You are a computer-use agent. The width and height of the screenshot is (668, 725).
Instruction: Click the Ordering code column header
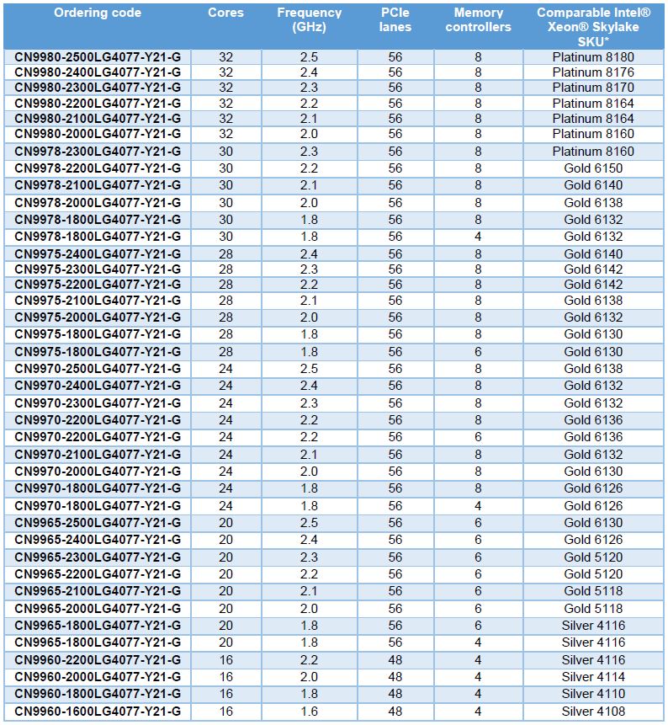pyautogui.click(x=98, y=13)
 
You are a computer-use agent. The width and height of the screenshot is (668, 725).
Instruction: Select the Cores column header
pyautogui.click(x=225, y=13)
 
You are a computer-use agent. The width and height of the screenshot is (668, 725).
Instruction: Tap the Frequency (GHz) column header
pyautogui.click(x=309, y=20)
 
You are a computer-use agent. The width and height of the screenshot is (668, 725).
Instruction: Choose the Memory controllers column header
pyautogui.click(x=478, y=20)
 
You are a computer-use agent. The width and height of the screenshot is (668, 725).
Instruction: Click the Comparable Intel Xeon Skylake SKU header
pyautogui.click(x=593, y=26)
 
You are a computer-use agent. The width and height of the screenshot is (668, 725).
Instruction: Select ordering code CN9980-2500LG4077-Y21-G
pyautogui.click(x=98, y=57)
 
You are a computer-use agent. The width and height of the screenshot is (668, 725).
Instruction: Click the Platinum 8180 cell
pyautogui.click(x=593, y=57)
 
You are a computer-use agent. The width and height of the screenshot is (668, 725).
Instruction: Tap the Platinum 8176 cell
pyautogui.click(x=593, y=72)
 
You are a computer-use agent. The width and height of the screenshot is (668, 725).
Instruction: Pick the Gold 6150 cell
pyautogui.click(x=593, y=168)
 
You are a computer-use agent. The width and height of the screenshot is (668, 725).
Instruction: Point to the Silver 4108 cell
pyautogui.click(x=593, y=712)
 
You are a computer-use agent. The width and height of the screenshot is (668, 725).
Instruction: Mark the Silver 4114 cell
pyautogui.click(x=593, y=677)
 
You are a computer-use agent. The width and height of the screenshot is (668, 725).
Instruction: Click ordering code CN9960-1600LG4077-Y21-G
pyautogui.click(x=98, y=712)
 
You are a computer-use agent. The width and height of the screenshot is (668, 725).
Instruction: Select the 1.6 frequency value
pyautogui.click(x=309, y=712)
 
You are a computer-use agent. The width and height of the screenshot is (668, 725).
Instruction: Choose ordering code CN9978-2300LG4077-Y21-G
pyautogui.click(x=98, y=152)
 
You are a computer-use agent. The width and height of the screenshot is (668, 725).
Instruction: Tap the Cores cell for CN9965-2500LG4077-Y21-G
pyautogui.click(x=225, y=523)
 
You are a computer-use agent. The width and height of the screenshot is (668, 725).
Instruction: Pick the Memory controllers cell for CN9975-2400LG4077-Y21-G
pyautogui.click(x=478, y=253)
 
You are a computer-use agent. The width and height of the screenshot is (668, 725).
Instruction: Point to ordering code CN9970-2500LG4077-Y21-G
pyautogui.click(x=98, y=369)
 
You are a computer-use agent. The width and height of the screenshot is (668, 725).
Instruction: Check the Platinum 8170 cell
pyautogui.click(x=593, y=88)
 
